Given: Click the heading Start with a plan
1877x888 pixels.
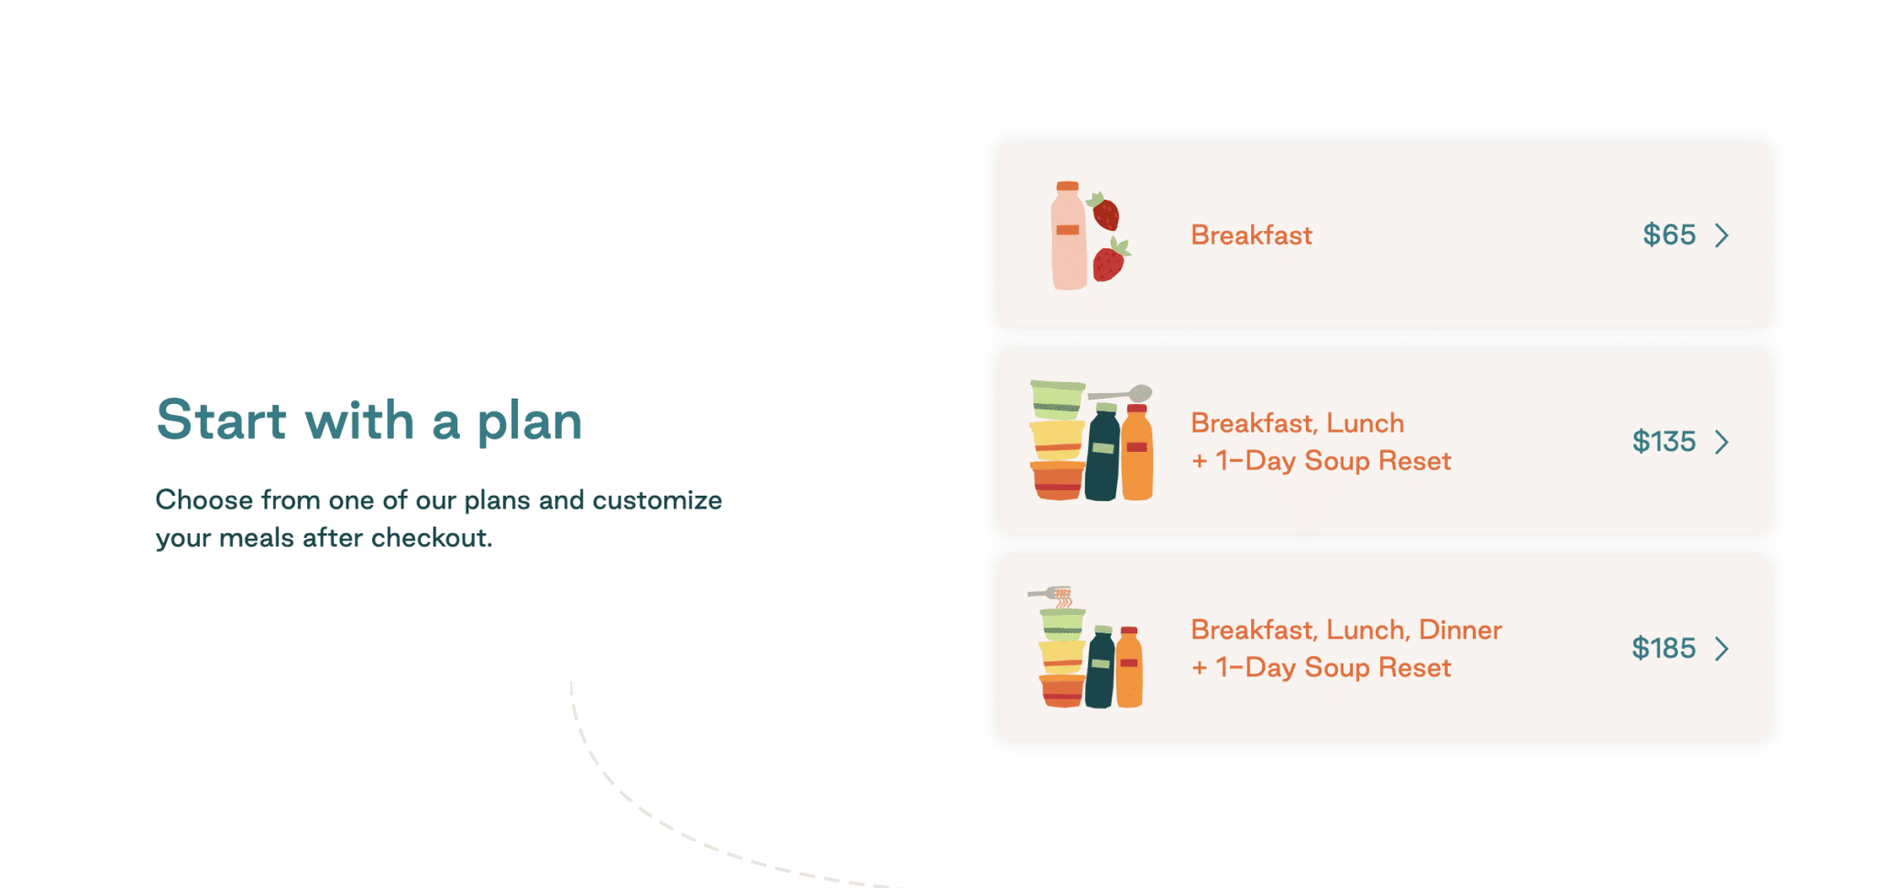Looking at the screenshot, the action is (x=369, y=421).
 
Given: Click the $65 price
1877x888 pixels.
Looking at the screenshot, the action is (x=1669, y=236).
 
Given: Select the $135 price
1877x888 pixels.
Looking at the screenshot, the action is (x=1663, y=442).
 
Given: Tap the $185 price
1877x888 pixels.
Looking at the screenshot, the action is (x=1663, y=649).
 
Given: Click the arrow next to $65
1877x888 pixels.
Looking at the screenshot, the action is (x=1722, y=236).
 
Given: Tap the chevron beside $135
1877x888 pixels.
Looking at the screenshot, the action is (x=1722, y=443).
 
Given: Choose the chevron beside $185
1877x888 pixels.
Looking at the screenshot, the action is (x=1722, y=649).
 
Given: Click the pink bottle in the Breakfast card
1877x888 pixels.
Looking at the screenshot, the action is (x=1068, y=236).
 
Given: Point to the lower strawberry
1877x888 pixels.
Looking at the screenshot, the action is (x=1111, y=260).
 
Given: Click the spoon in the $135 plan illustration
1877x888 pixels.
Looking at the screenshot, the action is (x=1120, y=394).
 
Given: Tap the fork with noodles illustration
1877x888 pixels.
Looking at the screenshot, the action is (x=1051, y=596).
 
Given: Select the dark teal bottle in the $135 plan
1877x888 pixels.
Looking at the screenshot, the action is (x=1103, y=452).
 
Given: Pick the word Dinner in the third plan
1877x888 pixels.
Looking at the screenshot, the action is (x=1460, y=630).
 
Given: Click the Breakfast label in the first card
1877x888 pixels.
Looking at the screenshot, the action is (x=1251, y=236).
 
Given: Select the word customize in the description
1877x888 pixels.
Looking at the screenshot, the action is (x=657, y=500).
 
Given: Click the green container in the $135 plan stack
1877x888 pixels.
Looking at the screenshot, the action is (x=1057, y=400).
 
